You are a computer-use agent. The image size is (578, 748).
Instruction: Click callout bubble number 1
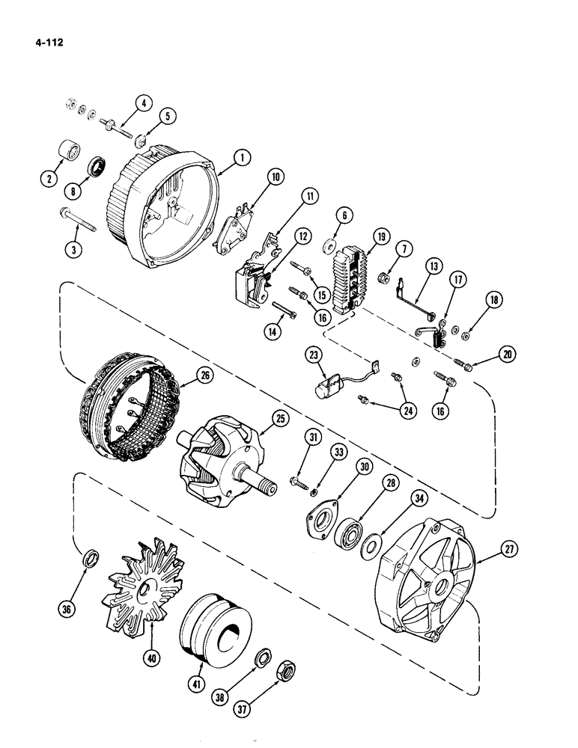coord(241,157)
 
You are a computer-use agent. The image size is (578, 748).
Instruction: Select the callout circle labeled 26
coord(202,377)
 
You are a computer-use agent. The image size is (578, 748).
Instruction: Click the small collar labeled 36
coord(89,557)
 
